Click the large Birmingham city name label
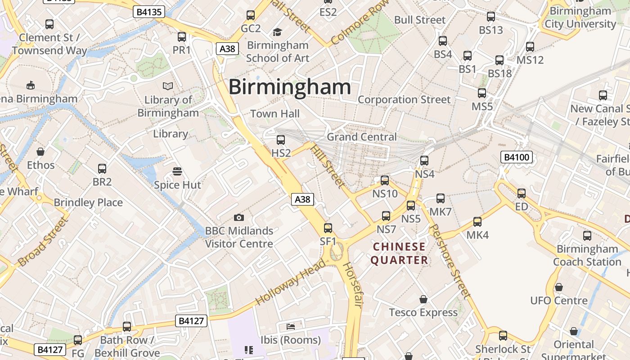tap(290, 87)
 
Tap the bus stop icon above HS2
tap(281, 140)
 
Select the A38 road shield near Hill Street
tap(302, 199)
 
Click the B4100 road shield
tap(517, 157)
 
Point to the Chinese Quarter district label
tap(399, 253)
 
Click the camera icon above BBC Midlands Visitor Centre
tap(239, 218)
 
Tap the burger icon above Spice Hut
tap(177, 171)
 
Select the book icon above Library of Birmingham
tap(168, 86)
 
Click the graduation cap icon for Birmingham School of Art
tap(277, 32)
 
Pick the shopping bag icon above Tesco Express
tap(423, 299)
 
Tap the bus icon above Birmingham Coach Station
tap(587, 236)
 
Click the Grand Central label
tap(362, 137)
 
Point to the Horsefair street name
tap(352, 285)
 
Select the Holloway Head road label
tap(290, 282)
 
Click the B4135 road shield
tap(148, 12)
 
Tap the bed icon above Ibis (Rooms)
tap(291, 326)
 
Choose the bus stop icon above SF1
tap(328, 228)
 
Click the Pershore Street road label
tap(450, 261)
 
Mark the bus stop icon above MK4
tap(477, 222)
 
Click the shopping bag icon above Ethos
tap(40, 152)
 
